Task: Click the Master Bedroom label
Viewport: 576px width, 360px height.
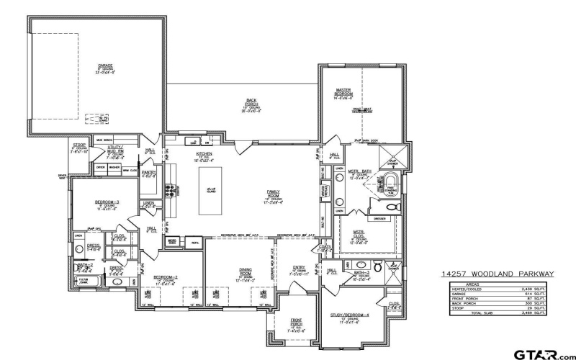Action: pyautogui.click(x=343, y=93)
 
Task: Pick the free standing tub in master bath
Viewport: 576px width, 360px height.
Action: pyautogui.click(x=391, y=181)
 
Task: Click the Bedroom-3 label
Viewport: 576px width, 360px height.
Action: pyautogui.click(x=107, y=204)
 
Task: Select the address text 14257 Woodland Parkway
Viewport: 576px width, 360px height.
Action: pyautogui.click(x=497, y=274)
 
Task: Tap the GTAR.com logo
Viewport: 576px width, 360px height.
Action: pyautogui.click(x=540, y=353)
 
